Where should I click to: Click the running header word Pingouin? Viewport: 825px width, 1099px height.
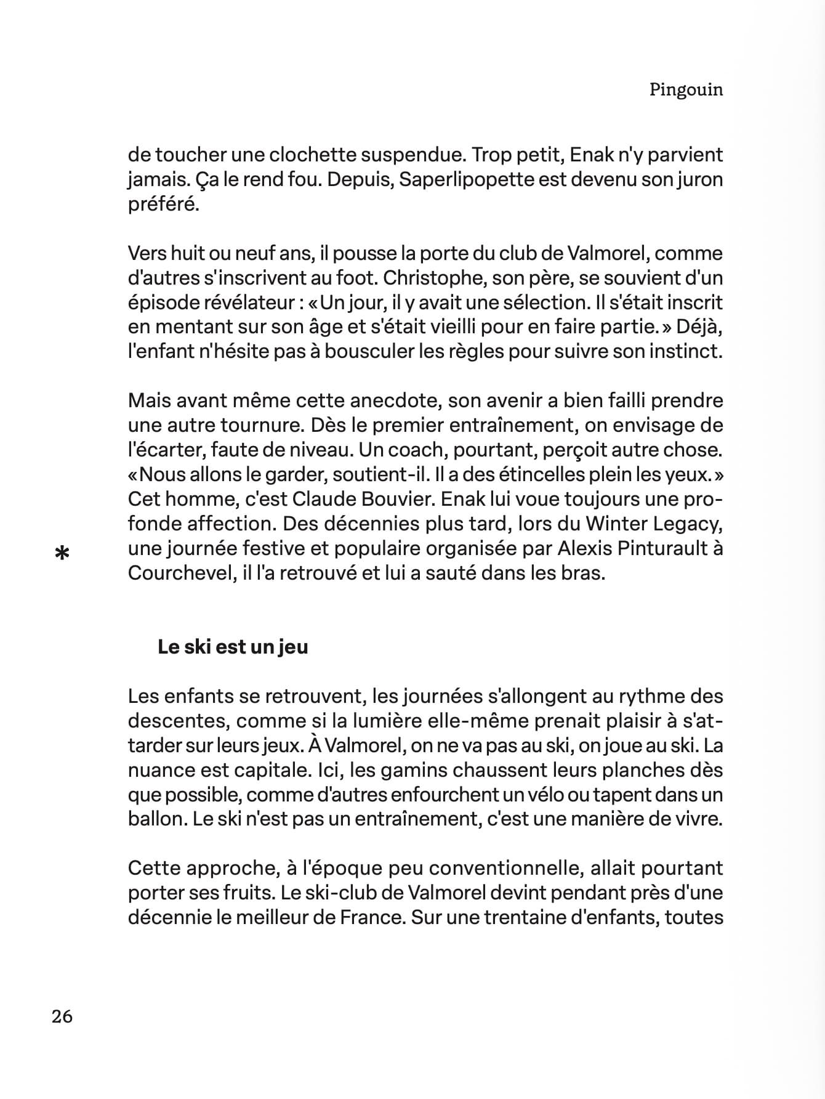click(686, 90)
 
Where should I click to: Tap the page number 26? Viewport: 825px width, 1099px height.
click(62, 1016)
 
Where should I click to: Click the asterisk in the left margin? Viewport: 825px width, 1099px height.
click(62, 554)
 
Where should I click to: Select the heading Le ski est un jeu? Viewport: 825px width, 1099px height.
click(233, 647)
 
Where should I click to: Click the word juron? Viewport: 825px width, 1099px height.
click(694, 180)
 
